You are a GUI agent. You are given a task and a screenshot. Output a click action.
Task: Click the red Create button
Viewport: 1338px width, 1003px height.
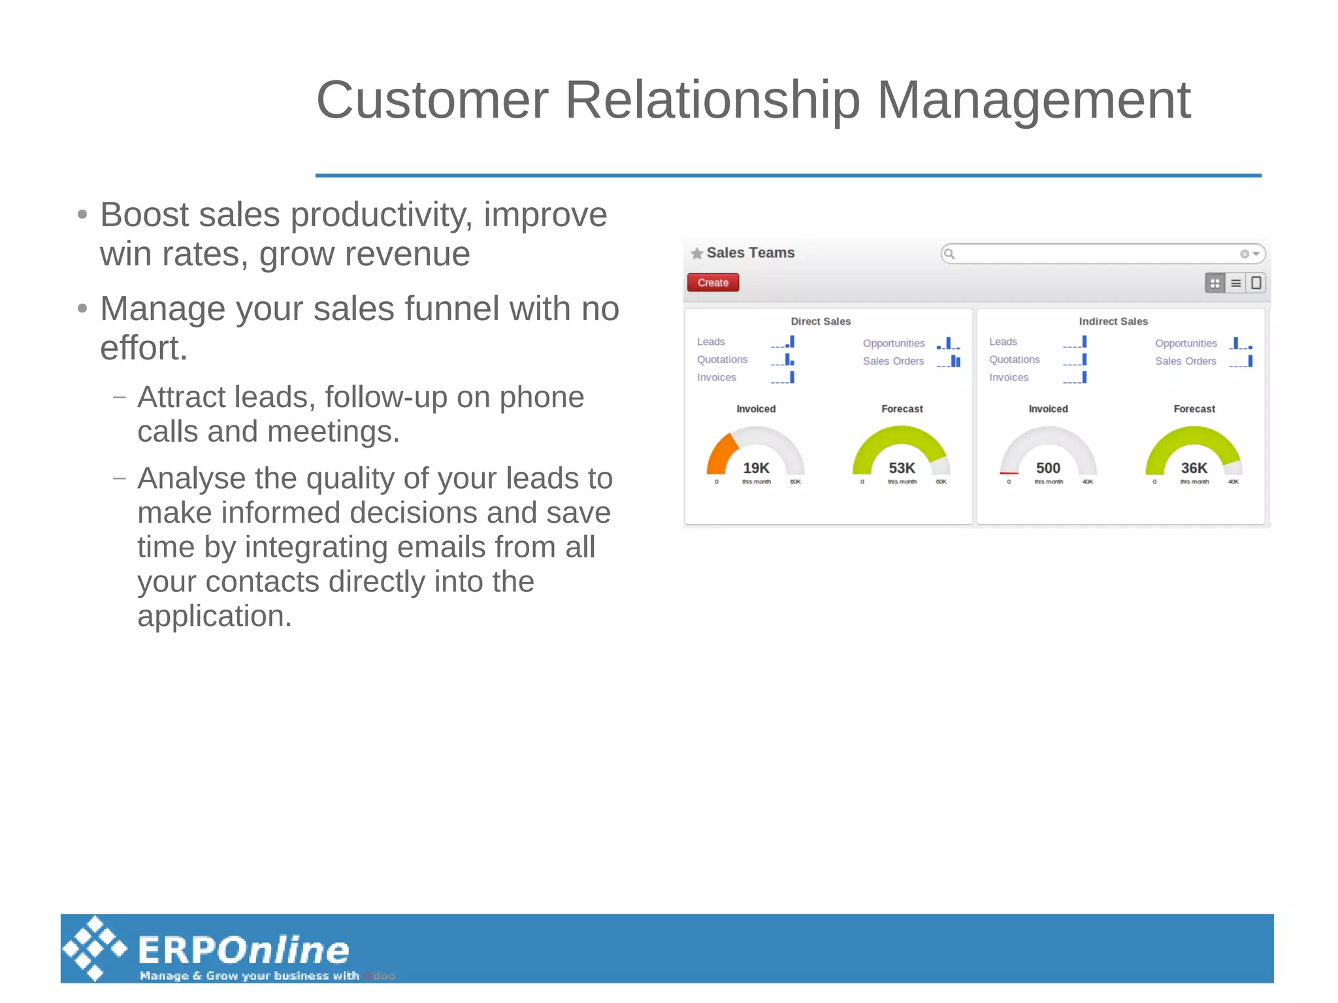click(713, 282)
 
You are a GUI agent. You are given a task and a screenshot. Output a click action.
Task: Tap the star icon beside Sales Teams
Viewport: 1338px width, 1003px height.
click(696, 254)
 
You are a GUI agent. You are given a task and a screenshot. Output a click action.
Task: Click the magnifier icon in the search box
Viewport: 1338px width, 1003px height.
click(950, 254)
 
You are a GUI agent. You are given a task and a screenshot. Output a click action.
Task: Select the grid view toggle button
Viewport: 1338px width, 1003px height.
click(1215, 283)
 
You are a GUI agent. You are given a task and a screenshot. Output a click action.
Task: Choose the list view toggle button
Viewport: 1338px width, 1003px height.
click(1235, 283)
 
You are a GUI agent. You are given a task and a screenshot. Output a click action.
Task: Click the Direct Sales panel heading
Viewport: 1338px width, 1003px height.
click(821, 321)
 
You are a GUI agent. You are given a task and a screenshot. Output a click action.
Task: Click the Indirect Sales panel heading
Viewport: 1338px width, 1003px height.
click(1113, 321)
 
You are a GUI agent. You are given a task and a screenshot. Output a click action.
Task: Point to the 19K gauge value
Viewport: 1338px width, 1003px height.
click(756, 468)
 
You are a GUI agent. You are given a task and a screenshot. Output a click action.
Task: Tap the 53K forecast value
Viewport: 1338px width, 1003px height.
click(902, 468)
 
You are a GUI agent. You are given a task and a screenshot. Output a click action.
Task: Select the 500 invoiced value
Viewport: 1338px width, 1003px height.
click(1048, 468)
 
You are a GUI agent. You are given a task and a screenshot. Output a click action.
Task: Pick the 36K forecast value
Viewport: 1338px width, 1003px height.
click(1194, 468)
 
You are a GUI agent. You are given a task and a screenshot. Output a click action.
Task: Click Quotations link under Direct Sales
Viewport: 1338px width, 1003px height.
click(722, 359)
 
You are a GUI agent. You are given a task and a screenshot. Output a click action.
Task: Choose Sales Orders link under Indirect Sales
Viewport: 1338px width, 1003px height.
click(1185, 361)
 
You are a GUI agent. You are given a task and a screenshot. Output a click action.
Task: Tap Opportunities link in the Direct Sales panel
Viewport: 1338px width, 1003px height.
click(893, 343)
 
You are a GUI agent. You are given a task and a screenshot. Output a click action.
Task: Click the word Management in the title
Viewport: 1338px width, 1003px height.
click(1034, 100)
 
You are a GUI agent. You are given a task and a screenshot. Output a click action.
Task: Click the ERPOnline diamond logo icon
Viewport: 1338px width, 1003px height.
click(95, 948)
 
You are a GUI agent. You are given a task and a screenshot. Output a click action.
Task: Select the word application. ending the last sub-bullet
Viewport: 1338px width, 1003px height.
click(214, 616)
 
